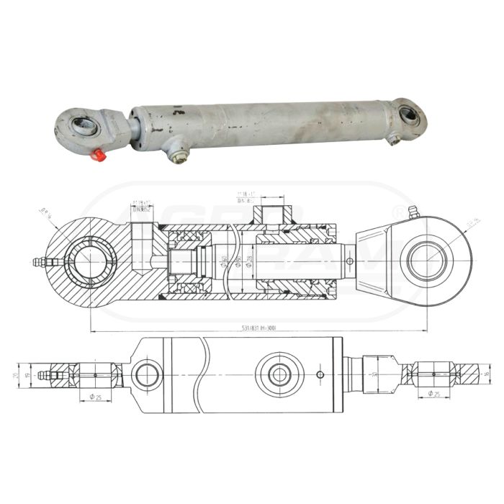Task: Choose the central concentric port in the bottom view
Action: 277,374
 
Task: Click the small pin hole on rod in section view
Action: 349,261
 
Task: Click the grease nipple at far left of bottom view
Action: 45,374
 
